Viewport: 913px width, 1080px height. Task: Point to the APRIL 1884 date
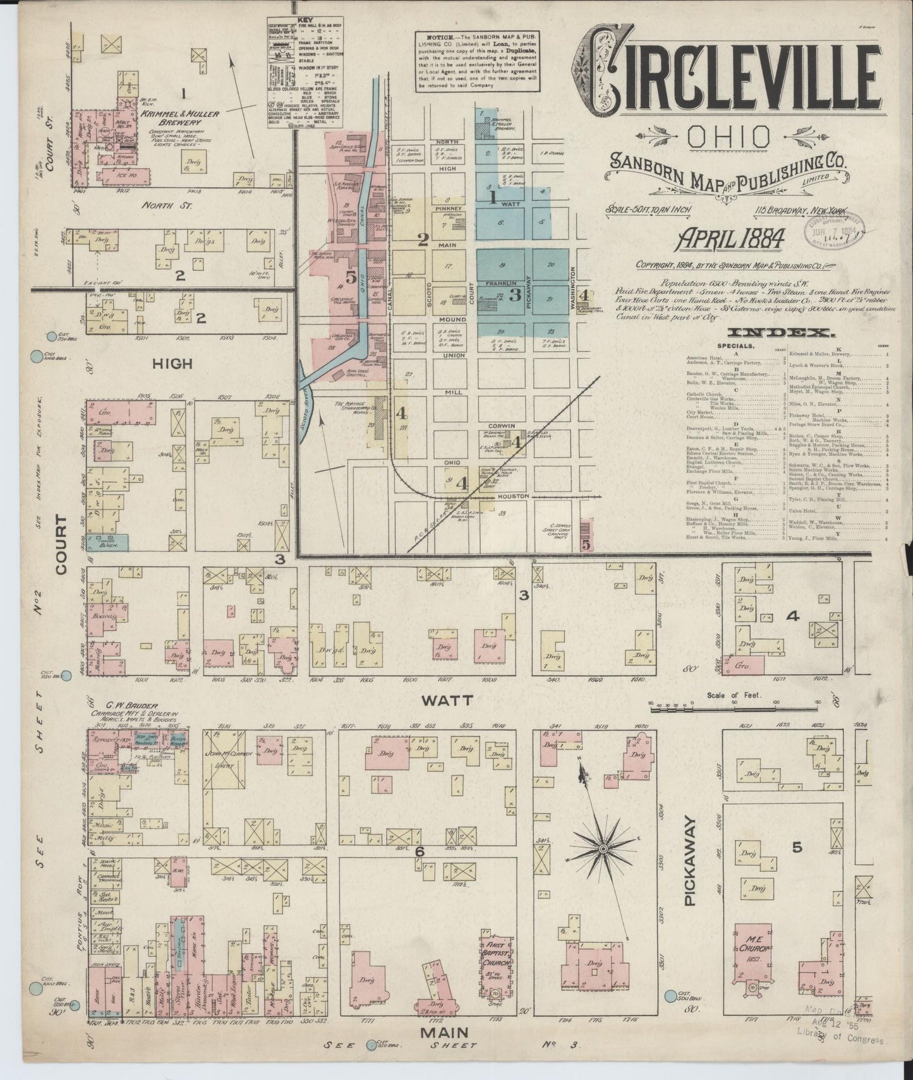[x=731, y=239]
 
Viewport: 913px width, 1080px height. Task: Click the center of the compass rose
[x=603, y=846]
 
